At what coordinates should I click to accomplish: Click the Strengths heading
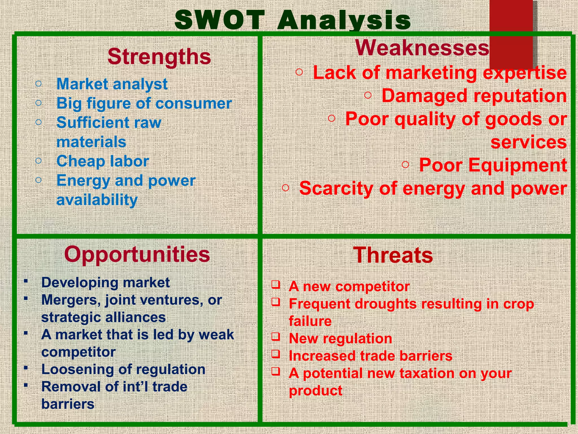click(x=159, y=57)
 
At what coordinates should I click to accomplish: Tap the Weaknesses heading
click(x=422, y=48)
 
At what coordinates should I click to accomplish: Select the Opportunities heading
click(x=137, y=254)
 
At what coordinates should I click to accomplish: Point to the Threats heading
click(x=393, y=255)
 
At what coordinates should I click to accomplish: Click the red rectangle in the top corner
click(x=511, y=31)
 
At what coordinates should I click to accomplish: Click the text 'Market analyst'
click(x=112, y=84)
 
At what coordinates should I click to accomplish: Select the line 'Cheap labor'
click(x=103, y=161)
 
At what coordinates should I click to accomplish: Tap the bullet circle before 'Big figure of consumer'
click(x=39, y=103)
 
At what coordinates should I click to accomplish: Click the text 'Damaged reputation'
click(x=474, y=96)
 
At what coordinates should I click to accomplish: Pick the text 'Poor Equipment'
click(x=493, y=165)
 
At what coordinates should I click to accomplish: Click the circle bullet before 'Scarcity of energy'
click(x=286, y=188)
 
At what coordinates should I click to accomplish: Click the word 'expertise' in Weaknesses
click(x=525, y=73)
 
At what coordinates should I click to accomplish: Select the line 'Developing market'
click(x=106, y=283)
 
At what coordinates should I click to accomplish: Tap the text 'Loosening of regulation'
click(x=123, y=369)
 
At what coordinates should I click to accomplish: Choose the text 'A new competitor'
click(x=349, y=287)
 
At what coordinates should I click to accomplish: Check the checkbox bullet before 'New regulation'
click(x=276, y=337)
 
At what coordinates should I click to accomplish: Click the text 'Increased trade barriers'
click(x=371, y=356)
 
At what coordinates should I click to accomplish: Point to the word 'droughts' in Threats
click(x=386, y=304)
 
